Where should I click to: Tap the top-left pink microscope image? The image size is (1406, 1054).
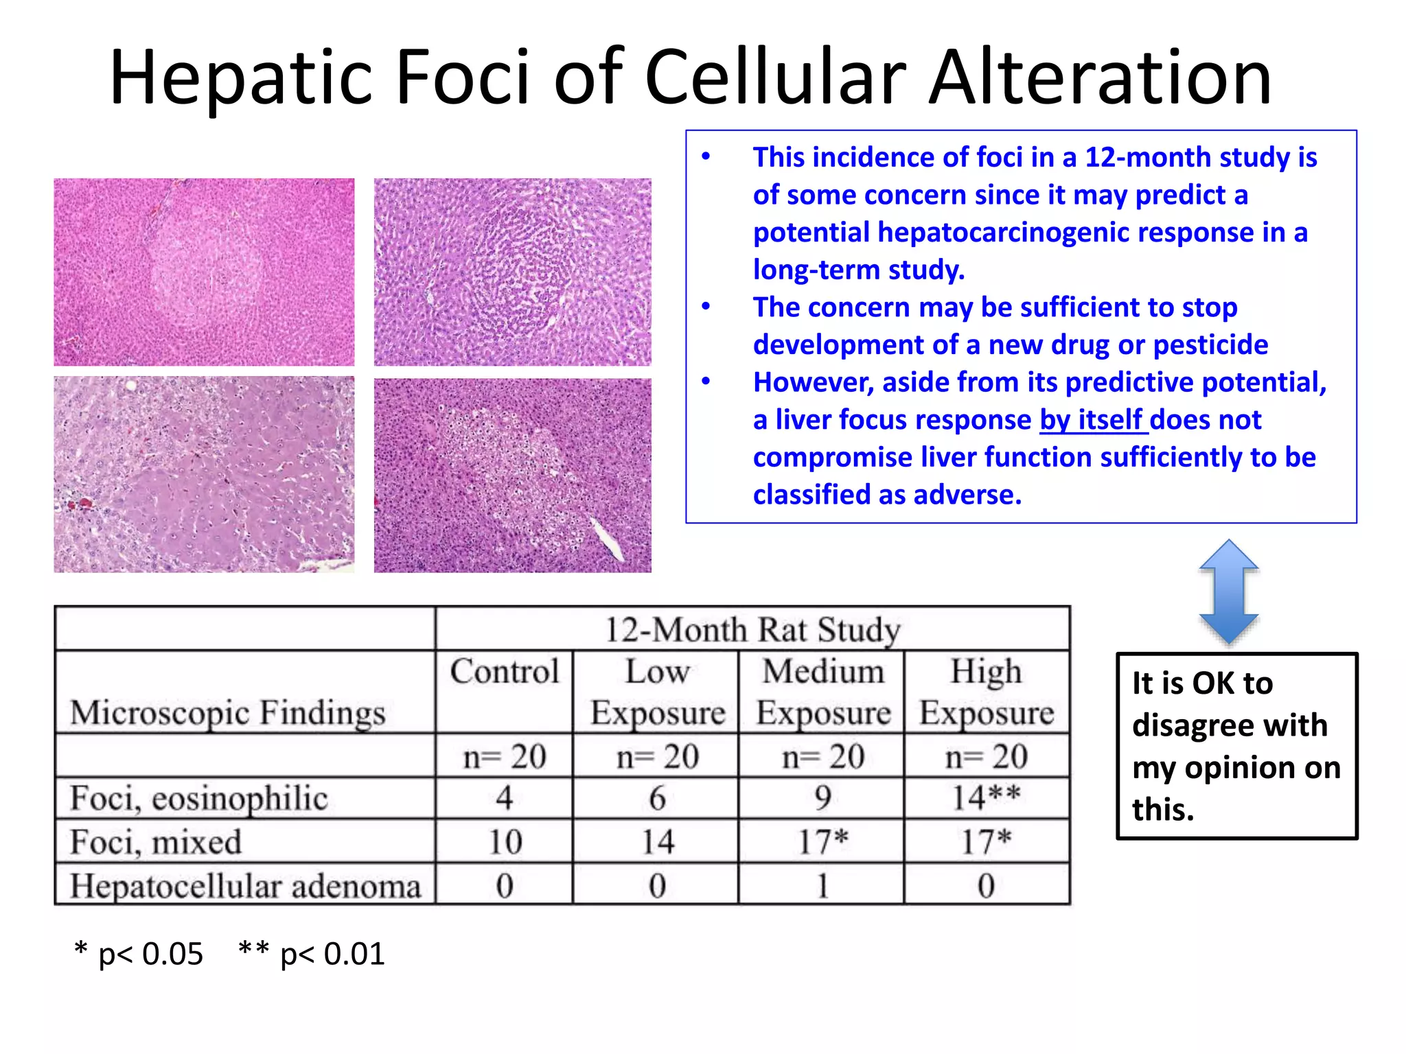[204, 272]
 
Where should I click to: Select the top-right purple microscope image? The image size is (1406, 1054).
[512, 272]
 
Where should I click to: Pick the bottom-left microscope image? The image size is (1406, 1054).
[204, 474]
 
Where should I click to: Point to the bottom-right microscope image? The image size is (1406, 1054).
[512, 476]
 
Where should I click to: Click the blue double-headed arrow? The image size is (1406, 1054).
[1228, 592]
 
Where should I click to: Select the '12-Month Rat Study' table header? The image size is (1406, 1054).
[752, 629]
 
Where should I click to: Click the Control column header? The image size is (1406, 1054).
[505, 672]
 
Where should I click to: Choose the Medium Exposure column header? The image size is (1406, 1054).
[822, 692]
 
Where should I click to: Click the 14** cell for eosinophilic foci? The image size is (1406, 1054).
[986, 798]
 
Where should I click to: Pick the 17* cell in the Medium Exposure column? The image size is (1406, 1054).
[822, 842]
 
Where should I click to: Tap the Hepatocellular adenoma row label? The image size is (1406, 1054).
[245, 886]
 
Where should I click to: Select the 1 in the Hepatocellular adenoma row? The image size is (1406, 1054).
[822, 886]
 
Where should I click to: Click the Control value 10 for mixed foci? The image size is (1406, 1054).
[505, 842]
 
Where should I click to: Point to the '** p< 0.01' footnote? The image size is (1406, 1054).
[312, 954]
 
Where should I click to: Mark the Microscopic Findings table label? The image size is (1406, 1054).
[227, 712]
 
